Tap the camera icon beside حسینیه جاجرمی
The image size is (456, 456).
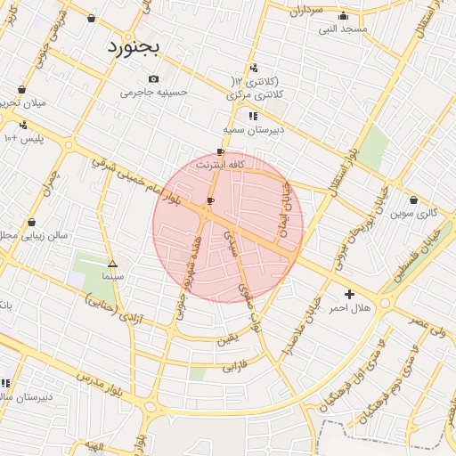pos(154,78)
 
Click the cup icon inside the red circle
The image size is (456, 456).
pos(210,202)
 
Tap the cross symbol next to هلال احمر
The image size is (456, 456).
pos(349,294)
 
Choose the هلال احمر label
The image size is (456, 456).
pos(349,307)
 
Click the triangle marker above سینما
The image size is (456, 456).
pos(112,264)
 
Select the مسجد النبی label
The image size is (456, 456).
pos(343,28)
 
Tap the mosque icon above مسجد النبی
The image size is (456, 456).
pos(344,15)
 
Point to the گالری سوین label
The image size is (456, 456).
pos(415,213)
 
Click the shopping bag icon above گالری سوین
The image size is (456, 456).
pos(415,199)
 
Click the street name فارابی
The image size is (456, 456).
pos(231,365)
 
